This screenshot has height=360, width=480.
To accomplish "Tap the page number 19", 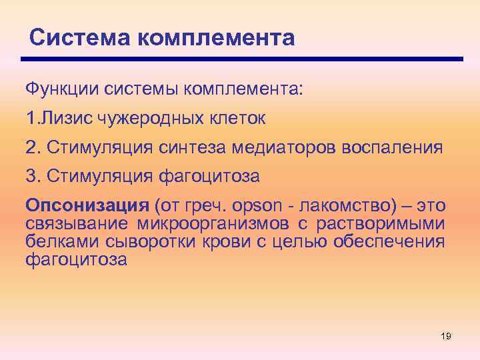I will (446, 336).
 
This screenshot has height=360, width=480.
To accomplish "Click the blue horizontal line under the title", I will (243, 59).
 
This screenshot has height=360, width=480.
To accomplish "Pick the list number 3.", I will (30, 177).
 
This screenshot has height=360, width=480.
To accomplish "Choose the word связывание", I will (77, 223).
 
